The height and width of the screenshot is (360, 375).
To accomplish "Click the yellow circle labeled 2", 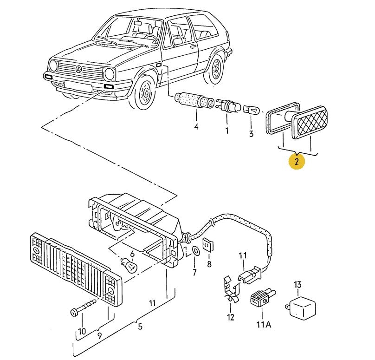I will coord(297,161).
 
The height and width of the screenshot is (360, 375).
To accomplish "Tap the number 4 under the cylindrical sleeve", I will coord(196,127).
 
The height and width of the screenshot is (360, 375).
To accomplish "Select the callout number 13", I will coord(298,284).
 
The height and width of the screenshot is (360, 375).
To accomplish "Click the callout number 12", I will coord(231,318).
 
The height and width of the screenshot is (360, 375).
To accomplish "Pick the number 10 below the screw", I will coord(82,331).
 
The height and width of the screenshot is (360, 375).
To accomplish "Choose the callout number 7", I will coord(194,272).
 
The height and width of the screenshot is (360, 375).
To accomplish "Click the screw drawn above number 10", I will coord(84,307).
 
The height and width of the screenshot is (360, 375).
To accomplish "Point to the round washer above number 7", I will coord(195,251).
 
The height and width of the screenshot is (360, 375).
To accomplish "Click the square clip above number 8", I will coord(208,244).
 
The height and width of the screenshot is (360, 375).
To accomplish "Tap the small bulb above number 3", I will coord(251,110).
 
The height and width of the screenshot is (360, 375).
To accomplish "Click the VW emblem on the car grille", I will coord(79,70).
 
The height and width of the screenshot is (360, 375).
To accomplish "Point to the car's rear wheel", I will coord(215,69).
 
